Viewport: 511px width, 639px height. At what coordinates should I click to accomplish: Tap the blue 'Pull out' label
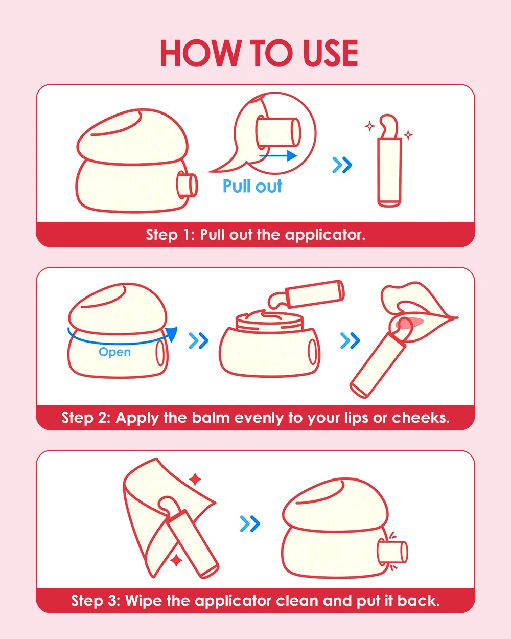(252, 186)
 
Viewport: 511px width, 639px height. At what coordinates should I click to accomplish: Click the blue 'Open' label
(114, 352)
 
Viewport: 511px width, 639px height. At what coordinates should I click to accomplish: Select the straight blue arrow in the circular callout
(278, 155)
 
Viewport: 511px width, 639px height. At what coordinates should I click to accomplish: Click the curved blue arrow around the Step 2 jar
(119, 343)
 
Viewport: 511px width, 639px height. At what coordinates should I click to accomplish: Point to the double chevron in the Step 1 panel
(342, 165)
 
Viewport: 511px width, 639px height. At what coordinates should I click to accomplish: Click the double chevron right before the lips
(350, 340)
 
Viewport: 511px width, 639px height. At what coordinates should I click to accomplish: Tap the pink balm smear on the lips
(411, 322)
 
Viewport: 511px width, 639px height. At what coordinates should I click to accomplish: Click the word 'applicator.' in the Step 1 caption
(325, 235)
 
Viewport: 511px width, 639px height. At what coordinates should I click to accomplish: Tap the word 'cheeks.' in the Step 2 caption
(421, 418)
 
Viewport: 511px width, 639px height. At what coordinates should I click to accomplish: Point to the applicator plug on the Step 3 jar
(392, 552)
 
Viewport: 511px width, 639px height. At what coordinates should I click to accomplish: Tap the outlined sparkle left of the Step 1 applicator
(369, 126)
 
